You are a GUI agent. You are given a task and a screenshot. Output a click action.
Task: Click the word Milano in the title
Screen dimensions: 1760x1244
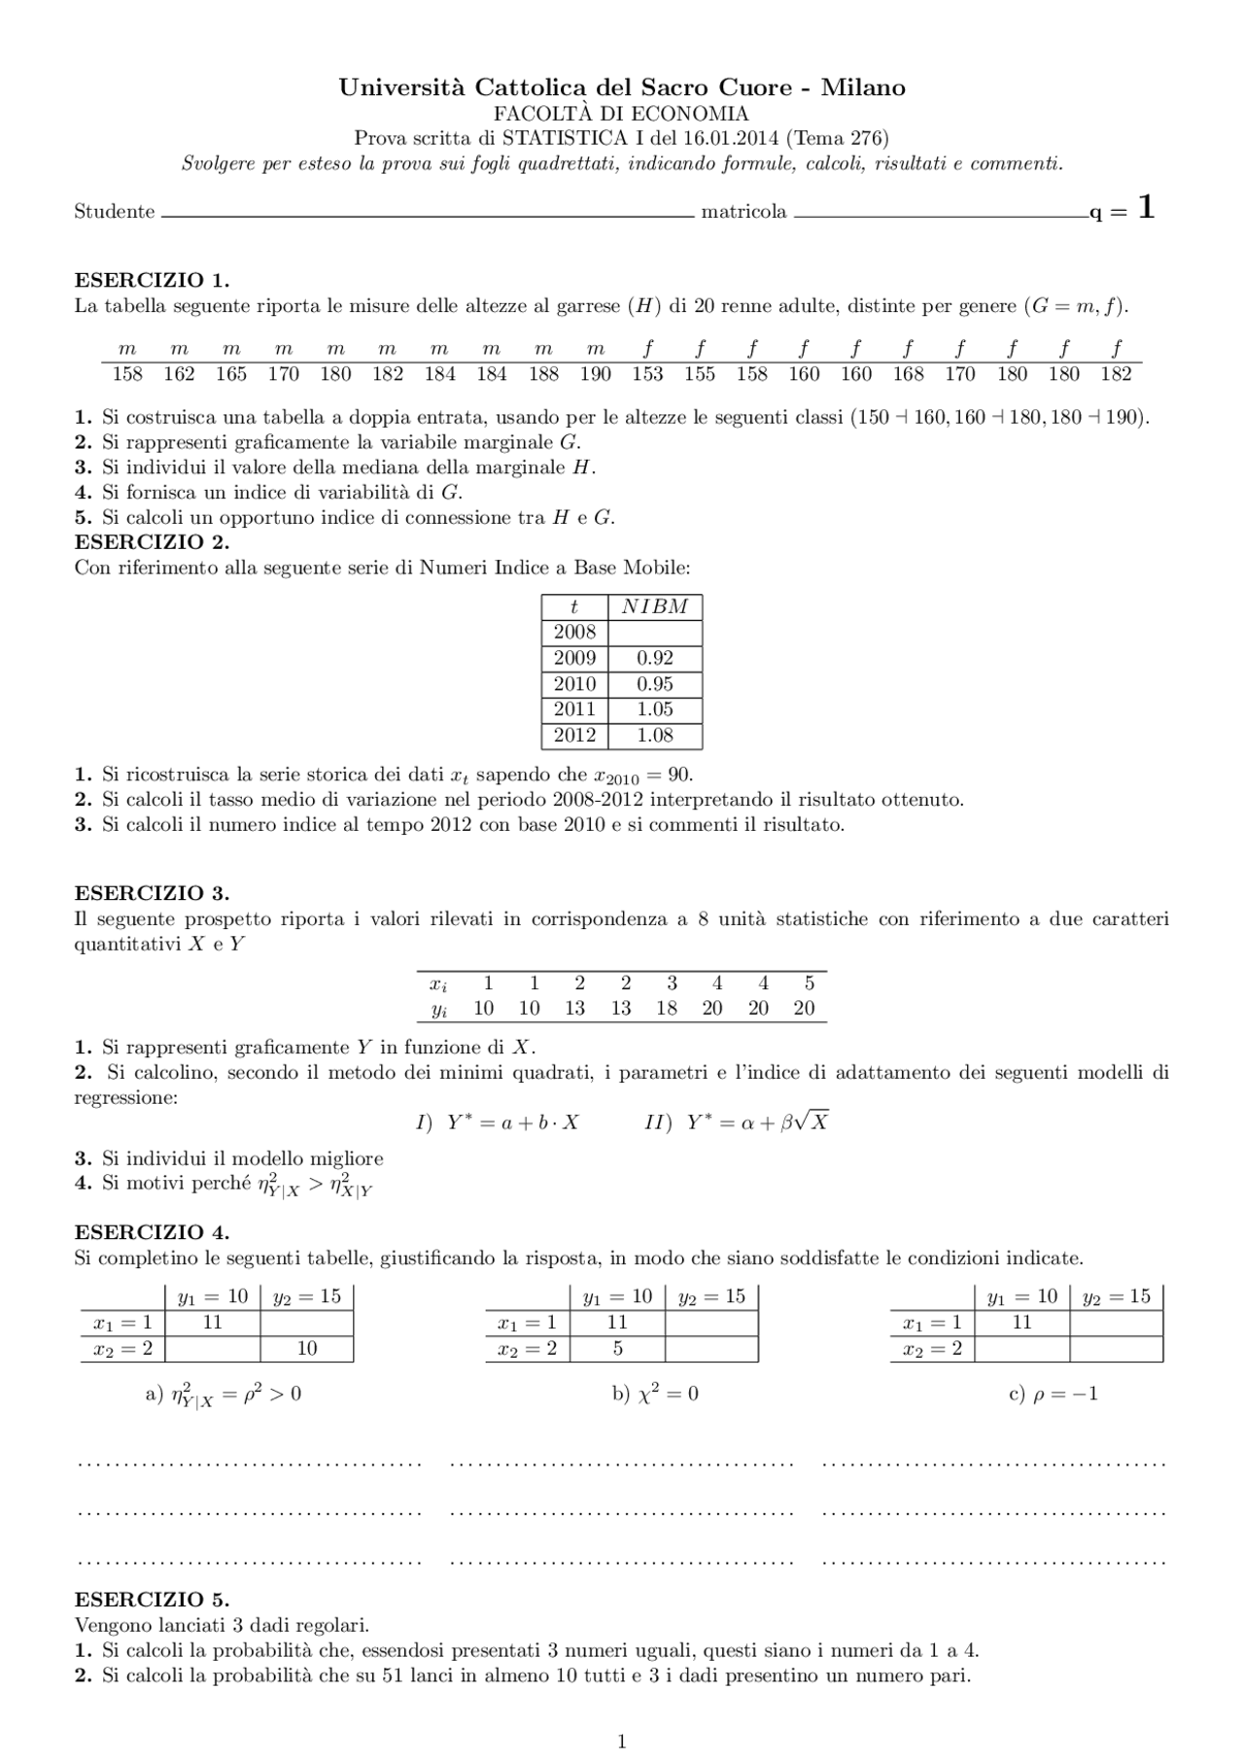click(x=863, y=88)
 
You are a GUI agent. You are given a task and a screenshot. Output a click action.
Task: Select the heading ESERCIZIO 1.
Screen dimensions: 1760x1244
click(x=152, y=281)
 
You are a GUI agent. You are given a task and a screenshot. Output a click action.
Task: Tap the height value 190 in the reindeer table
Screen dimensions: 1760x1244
click(x=596, y=374)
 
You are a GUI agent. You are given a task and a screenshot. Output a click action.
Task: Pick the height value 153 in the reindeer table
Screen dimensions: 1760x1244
click(x=647, y=374)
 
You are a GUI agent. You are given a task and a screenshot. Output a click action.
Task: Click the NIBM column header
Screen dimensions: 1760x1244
click(x=655, y=607)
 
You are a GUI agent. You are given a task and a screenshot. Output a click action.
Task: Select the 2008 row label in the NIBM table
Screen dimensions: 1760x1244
click(x=574, y=633)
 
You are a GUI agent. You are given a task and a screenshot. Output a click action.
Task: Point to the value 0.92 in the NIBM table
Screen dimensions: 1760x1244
click(x=655, y=658)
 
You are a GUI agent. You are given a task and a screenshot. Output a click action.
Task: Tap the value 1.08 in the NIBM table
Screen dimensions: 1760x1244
click(x=655, y=736)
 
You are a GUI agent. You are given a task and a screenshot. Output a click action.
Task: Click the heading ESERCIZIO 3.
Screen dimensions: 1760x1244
click(x=152, y=893)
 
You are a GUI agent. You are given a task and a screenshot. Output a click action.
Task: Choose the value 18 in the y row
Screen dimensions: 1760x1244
click(x=667, y=1009)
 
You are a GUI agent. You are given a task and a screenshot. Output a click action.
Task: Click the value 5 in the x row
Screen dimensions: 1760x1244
click(x=810, y=984)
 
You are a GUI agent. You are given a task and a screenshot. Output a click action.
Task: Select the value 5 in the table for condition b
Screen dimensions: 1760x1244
click(x=618, y=1349)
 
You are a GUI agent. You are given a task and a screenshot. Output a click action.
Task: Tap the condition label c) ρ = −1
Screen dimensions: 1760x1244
click(x=1054, y=1394)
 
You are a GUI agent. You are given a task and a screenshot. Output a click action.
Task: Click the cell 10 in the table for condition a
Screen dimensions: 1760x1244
click(x=307, y=1349)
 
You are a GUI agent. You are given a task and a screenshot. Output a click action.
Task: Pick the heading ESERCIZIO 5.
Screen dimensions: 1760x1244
click(x=152, y=1600)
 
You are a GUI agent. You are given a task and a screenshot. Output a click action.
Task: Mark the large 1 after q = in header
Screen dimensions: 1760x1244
click(x=1147, y=208)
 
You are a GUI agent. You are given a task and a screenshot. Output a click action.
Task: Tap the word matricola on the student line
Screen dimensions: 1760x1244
click(x=743, y=212)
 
